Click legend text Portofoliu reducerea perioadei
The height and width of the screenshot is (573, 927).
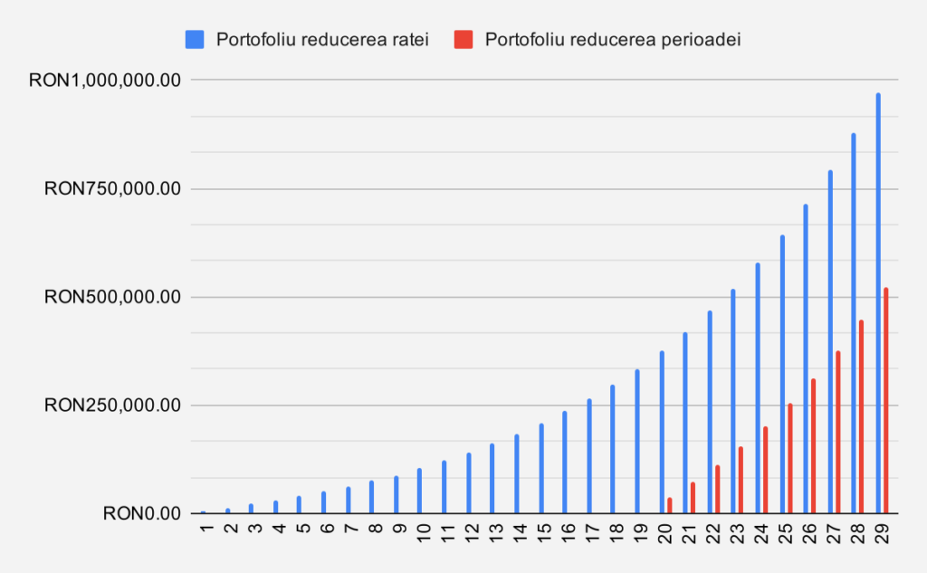coord(613,39)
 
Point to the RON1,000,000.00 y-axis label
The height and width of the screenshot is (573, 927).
coord(106,81)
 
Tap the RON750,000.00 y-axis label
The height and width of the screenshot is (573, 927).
coord(113,189)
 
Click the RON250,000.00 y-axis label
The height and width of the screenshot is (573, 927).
coord(113,406)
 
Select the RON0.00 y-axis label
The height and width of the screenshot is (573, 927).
coord(143,514)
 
